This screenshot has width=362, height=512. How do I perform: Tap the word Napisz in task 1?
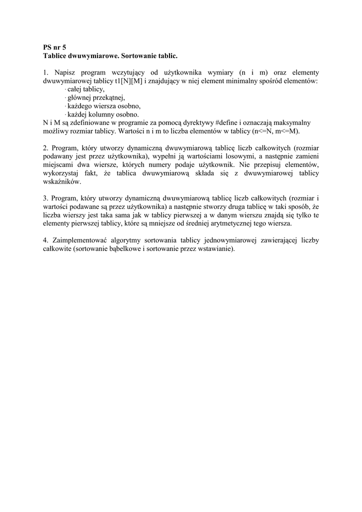(x=64, y=72)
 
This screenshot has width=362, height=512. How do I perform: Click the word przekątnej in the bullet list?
(x=107, y=97)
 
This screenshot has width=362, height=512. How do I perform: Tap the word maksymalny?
(x=293, y=122)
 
